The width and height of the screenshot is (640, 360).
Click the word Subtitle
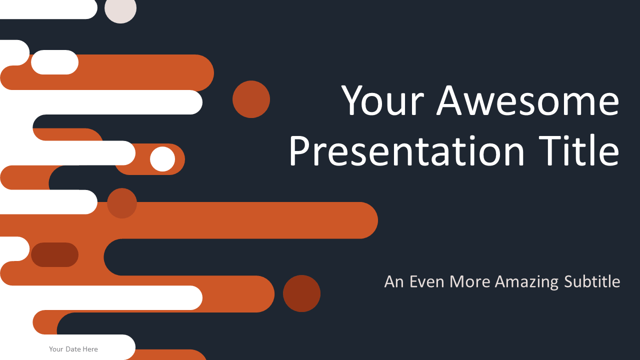click(x=592, y=281)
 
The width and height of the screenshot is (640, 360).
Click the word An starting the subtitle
click(x=394, y=281)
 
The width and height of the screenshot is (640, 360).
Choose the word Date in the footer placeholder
click(x=73, y=349)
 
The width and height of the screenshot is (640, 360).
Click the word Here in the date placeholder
click(x=90, y=349)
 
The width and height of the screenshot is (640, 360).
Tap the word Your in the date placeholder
click(x=56, y=349)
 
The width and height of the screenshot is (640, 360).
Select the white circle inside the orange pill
click(x=162, y=159)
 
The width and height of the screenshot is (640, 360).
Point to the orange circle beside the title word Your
click(x=251, y=99)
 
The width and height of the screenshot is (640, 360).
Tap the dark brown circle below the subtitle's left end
click(x=301, y=293)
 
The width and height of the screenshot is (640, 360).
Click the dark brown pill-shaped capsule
click(x=54, y=254)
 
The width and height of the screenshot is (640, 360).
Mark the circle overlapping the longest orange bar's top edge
click(x=122, y=203)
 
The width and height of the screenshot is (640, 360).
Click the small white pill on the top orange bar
click(x=54, y=62)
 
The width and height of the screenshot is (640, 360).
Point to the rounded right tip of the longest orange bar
click(x=367, y=220)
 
